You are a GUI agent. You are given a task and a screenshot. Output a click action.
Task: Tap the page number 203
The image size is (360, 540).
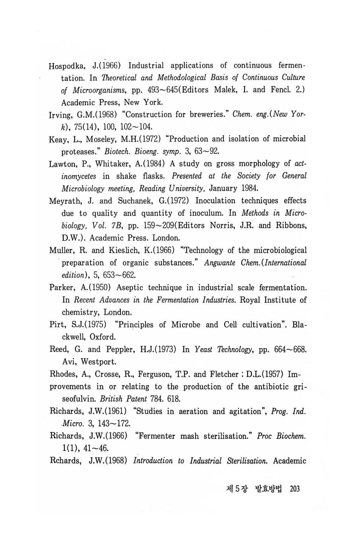(x=295, y=489)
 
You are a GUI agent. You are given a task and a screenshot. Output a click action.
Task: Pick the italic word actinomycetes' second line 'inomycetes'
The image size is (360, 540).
(x=79, y=176)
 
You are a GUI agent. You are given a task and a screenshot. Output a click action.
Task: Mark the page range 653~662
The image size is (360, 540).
(x=118, y=275)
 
